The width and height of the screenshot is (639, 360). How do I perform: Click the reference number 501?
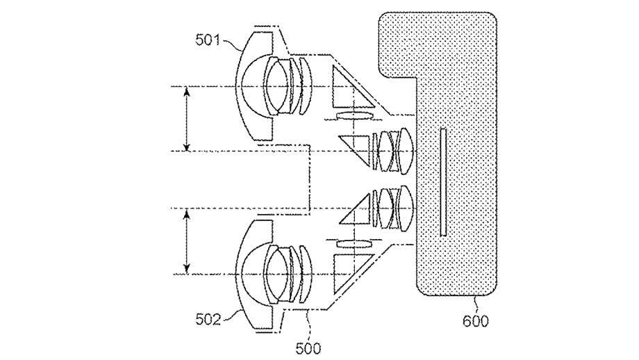click(207, 40)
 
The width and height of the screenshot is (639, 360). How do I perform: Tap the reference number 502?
click(208, 320)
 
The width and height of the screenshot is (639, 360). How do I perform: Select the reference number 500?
click(308, 349)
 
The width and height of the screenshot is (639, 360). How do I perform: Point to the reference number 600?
click(476, 321)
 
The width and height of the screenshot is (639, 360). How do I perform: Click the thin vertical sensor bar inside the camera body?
click(443, 182)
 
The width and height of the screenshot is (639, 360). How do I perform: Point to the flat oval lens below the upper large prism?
click(354, 116)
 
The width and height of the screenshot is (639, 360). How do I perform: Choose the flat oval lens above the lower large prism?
click(354, 244)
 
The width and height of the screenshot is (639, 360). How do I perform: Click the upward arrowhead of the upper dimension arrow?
click(186, 92)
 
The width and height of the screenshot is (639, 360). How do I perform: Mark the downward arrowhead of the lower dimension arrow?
click(186, 268)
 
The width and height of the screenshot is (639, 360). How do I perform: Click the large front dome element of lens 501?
click(254, 86)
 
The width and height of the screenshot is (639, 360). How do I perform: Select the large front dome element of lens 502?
click(254, 274)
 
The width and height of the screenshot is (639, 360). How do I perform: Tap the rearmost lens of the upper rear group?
click(406, 150)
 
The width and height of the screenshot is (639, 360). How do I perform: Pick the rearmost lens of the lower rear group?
click(406, 209)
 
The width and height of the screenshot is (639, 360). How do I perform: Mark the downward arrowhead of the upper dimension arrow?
click(186, 145)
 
